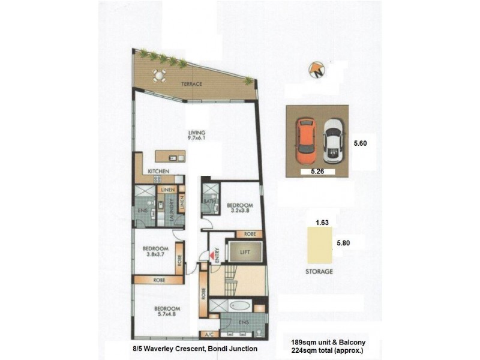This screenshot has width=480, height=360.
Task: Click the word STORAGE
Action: pos(318,271)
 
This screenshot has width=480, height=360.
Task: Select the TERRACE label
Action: pos(192,84)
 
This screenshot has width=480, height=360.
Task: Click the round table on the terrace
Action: pos(159,75)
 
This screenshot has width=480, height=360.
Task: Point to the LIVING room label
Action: pos(197,133)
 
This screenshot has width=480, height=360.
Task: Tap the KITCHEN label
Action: pos(157,172)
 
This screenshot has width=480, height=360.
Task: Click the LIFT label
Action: pos(244,253)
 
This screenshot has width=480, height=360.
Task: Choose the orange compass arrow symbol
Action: pos(316,70)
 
